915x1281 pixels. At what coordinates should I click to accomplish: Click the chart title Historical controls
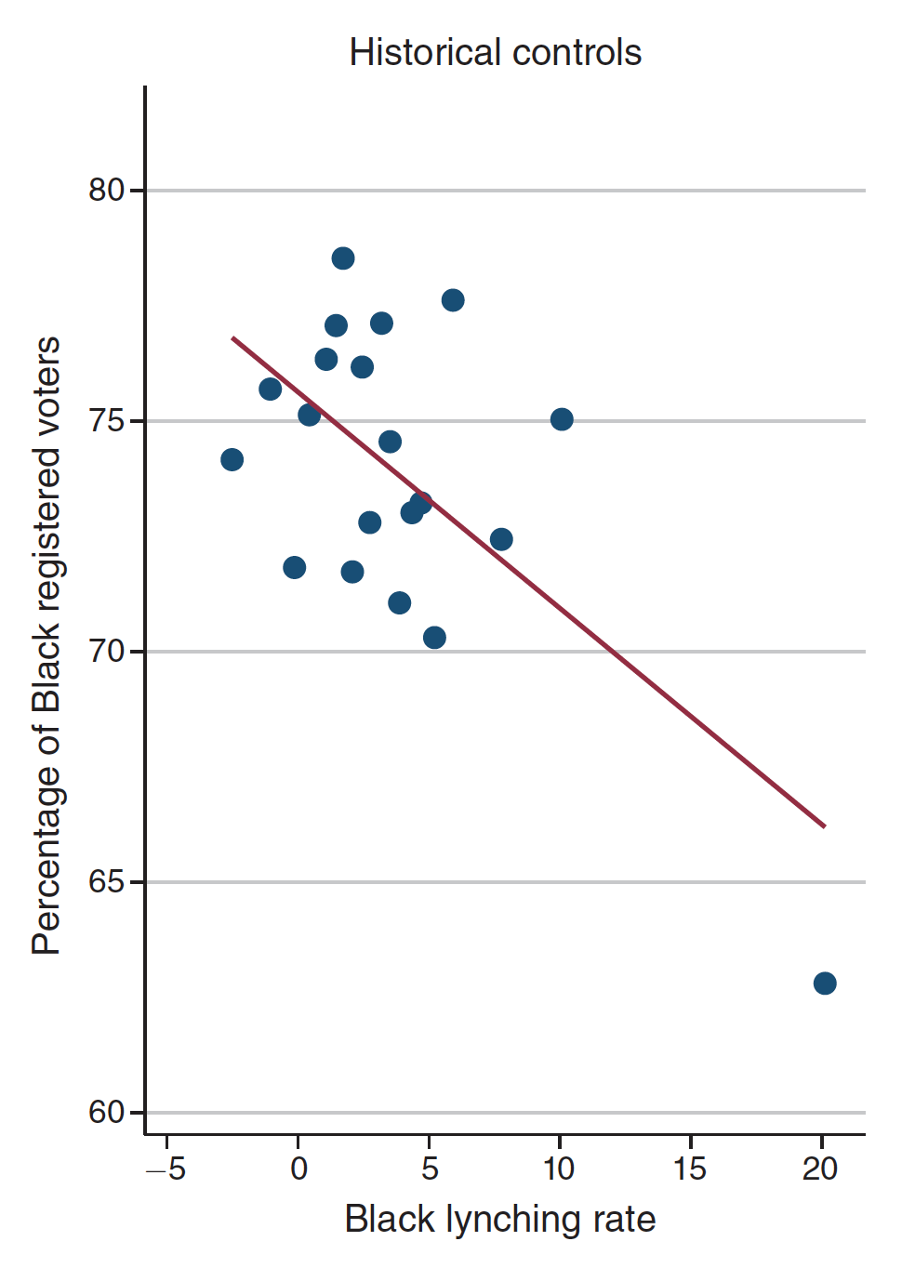click(495, 53)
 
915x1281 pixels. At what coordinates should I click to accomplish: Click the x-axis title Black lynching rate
click(499, 1219)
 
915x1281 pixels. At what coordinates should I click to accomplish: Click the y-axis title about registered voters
click(46, 646)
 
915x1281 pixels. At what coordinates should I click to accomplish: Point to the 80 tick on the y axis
click(106, 190)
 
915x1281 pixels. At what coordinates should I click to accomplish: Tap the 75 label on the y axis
click(106, 420)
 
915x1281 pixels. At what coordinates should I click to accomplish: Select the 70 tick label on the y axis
click(106, 651)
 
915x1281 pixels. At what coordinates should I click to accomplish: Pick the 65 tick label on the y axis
click(106, 881)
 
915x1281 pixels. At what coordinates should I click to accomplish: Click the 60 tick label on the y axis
click(106, 1112)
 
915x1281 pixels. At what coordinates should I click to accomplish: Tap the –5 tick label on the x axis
click(166, 1169)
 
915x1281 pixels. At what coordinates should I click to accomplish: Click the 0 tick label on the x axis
click(298, 1169)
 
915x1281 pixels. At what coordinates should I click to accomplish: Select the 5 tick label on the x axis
click(429, 1169)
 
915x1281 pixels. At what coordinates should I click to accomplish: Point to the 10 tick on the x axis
click(559, 1169)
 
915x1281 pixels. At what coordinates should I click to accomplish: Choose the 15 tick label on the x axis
click(690, 1169)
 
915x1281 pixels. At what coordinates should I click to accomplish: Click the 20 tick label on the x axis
click(820, 1169)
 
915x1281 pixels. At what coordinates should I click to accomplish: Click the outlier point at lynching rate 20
click(825, 983)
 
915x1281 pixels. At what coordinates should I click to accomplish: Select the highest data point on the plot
click(343, 258)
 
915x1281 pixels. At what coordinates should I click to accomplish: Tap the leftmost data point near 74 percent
click(232, 459)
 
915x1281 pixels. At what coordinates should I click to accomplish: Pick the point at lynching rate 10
click(562, 419)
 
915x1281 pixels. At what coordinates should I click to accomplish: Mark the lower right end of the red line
click(824, 825)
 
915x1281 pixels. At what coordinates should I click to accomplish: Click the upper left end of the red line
click(232, 337)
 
